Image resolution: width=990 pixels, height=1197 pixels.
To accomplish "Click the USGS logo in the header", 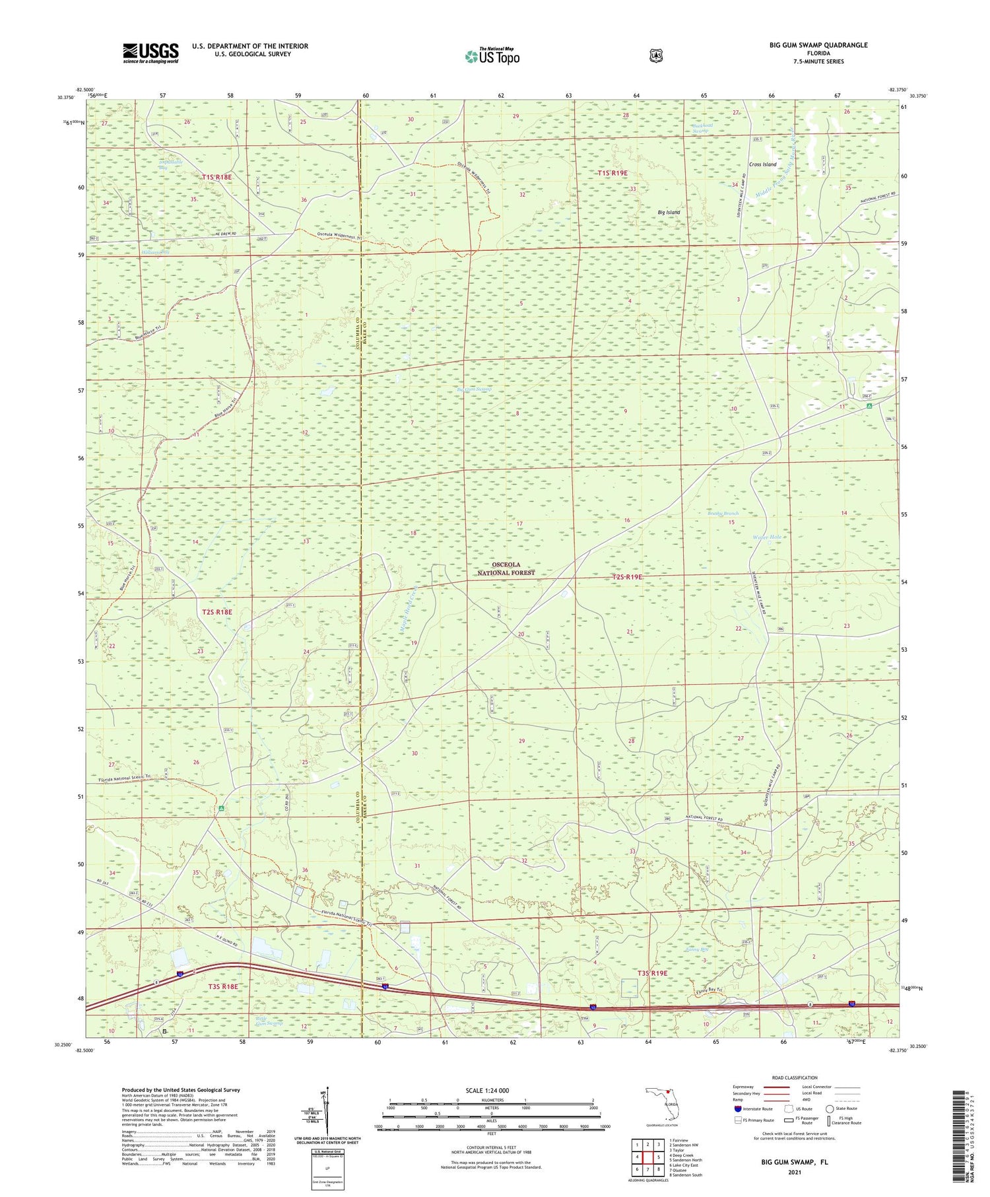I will pos(150,53).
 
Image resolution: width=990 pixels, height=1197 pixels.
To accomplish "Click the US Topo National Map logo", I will pos(492,56).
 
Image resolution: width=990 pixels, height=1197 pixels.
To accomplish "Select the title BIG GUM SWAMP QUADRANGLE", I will pos(818,45).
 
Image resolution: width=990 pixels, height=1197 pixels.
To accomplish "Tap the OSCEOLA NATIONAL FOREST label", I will pos(506,568).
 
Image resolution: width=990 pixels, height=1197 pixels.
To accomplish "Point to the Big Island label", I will pos(669,212).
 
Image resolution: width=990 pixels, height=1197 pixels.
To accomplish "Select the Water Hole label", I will pos(767,537).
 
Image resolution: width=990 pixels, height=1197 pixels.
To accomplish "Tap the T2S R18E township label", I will pos(217,612).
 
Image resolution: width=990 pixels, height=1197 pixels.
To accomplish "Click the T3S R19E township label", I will pos(652,973).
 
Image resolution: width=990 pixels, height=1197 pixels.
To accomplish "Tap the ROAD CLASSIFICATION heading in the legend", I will pos(795,1077).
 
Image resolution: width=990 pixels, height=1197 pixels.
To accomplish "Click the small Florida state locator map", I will pos(663,1105).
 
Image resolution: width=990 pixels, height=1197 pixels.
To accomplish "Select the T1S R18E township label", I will pos(217,177).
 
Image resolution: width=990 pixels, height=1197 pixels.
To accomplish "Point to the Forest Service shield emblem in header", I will pos(655,56).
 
